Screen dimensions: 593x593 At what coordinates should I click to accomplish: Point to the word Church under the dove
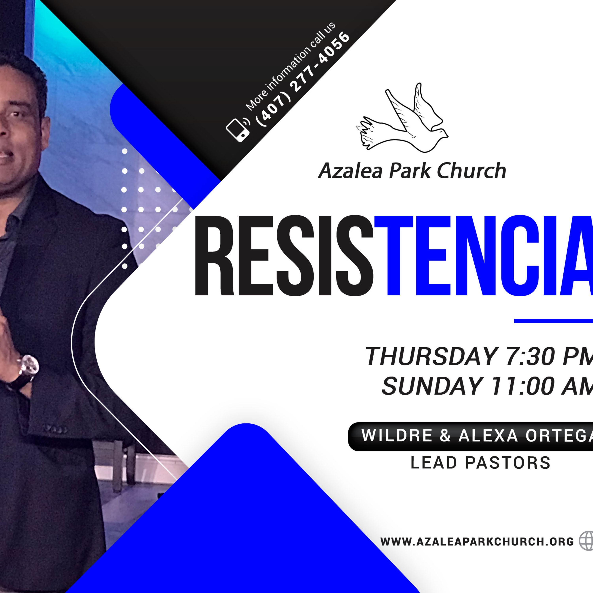pyautogui.click(x=471, y=170)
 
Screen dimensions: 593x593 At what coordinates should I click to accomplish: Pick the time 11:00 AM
pyautogui.click(x=542, y=386)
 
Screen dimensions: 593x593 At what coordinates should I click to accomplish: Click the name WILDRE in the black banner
pyautogui.click(x=397, y=435)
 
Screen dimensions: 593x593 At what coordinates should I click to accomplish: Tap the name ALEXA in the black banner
pyautogui.click(x=488, y=435)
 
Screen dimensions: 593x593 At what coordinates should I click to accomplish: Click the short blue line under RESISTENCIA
pyautogui.click(x=553, y=321)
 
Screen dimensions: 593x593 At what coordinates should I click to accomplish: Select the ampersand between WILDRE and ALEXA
pyautogui.click(x=445, y=435)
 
